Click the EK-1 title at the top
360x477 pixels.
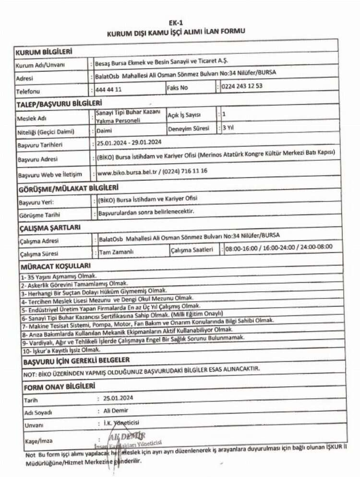[x=176, y=23]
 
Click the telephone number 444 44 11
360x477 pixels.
[x=108, y=89]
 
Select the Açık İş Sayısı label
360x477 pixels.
[x=184, y=115]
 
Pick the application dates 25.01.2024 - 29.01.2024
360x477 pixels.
[x=129, y=143]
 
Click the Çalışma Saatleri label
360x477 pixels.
[x=192, y=250]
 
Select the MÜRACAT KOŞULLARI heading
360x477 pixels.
[x=55, y=266]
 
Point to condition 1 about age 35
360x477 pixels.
[x=59, y=276]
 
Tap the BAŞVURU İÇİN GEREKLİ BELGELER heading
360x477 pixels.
[x=76, y=360]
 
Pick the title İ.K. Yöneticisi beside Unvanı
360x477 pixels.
[x=121, y=423]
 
